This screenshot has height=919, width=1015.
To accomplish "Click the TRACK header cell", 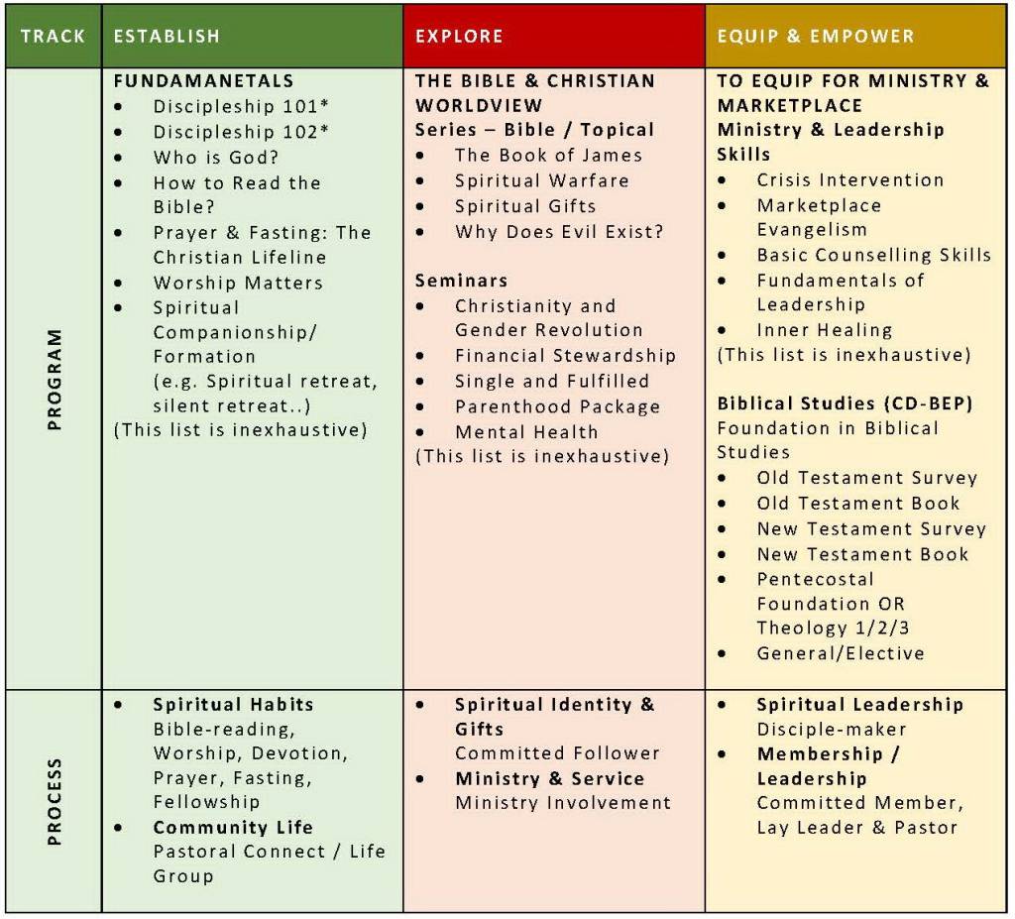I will pyautogui.click(x=53, y=37).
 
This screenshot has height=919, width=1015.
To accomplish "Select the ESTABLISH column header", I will pyautogui.click(x=167, y=37).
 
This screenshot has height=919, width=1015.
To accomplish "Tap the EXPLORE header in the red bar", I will pyautogui.click(x=459, y=37).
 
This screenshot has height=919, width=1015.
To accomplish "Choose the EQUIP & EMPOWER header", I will pyautogui.click(x=815, y=37).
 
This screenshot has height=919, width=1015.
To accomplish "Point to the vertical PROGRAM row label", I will pyautogui.click(x=54, y=379).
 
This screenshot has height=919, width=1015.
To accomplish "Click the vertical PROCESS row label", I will pyautogui.click(x=54, y=801).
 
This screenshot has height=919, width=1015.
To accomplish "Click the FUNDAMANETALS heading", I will pyautogui.click(x=203, y=81).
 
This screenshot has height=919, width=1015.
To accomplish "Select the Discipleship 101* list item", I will pyautogui.click(x=227, y=106).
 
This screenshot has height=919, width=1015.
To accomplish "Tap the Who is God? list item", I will pyautogui.click(x=216, y=157).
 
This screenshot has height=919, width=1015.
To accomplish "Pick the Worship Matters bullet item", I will pyautogui.click(x=238, y=283).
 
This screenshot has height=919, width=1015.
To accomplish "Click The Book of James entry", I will pyautogui.click(x=548, y=155).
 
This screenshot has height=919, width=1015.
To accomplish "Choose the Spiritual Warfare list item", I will pyautogui.click(x=541, y=180).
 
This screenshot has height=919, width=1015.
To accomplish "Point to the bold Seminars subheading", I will pyautogui.click(x=461, y=281).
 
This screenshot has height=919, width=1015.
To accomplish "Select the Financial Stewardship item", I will pyautogui.click(x=565, y=355).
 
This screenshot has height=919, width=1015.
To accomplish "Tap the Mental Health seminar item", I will pyautogui.click(x=526, y=431).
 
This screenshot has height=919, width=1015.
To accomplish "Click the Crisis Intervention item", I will pyautogui.click(x=849, y=179).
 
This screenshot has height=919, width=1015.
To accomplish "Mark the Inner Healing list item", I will pyautogui.click(x=824, y=329).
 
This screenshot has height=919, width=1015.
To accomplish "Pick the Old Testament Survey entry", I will pyautogui.click(x=866, y=478).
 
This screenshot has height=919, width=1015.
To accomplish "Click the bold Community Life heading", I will pyautogui.click(x=233, y=826).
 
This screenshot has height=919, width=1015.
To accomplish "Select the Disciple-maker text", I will pyautogui.click(x=832, y=729).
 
